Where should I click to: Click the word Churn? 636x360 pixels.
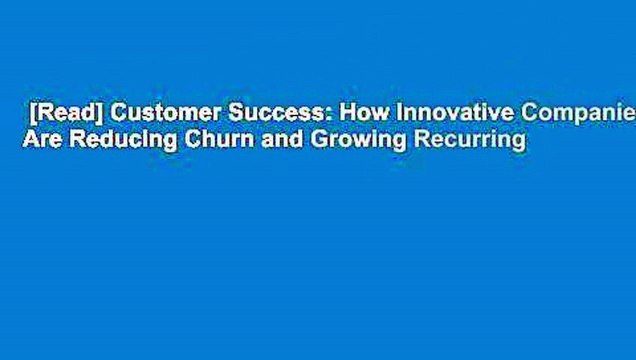coord(207,141)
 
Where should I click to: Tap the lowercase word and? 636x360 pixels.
coord(262,141)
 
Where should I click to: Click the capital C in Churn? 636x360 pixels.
coord(182,141)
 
